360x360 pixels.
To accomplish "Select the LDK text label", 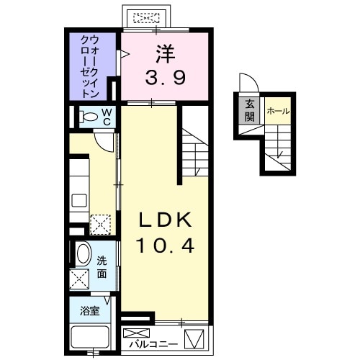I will [x=166, y=219].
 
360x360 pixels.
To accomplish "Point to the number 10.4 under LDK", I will [x=166, y=247].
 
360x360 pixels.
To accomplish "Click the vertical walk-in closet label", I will [x=90, y=66].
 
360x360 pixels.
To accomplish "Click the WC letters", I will [x=105, y=117].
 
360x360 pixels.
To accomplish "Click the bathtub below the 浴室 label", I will [x=90, y=338].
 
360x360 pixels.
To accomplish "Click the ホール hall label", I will [x=278, y=112].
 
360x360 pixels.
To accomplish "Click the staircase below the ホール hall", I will [x=279, y=150].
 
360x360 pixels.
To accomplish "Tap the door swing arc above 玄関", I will [x=246, y=83].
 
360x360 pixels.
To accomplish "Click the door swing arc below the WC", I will [x=106, y=140].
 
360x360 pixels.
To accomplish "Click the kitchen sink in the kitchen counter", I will [x=79, y=201].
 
